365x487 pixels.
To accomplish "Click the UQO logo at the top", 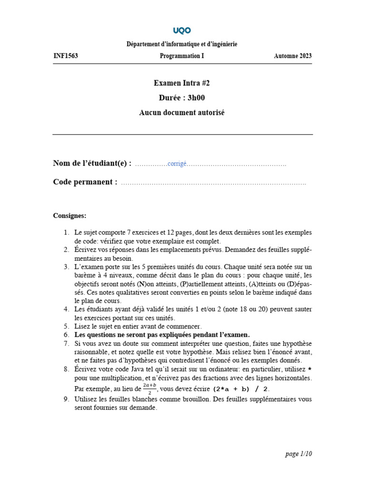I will pyautogui.click(x=182, y=30).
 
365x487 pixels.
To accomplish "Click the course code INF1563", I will pyautogui.click(x=66, y=56).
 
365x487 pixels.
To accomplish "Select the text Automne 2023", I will pyautogui.click(x=293, y=56).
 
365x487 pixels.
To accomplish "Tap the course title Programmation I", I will pyautogui.click(x=182, y=56).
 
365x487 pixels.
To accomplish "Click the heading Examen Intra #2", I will pyautogui.click(x=182, y=83).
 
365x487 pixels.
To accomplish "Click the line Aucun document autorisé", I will pyautogui.click(x=182, y=113).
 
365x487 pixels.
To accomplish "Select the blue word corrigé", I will pyautogui.click(x=177, y=164).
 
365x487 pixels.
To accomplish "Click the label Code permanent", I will pyautogui.click(x=85, y=182).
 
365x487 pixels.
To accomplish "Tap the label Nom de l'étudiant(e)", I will pyautogui.click(x=92, y=164).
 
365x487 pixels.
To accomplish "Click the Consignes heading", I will pyautogui.click(x=70, y=215).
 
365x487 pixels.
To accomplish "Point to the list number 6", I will pyautogui.click(x=67, y=334).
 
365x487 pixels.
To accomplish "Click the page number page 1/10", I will pyautogui.click(x=299, y=454).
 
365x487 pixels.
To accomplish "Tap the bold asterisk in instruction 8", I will pyautogui.click(x=310, y=370).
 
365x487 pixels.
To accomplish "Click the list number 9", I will pyautogui.click(x=67, y=399).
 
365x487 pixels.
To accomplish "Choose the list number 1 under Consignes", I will pyautogui.click(x=67, y=232).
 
